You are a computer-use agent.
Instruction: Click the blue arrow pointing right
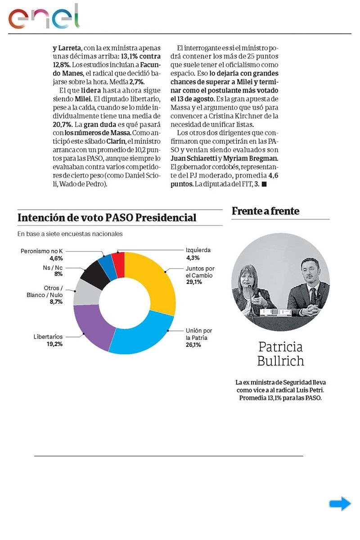[x=340, y=504]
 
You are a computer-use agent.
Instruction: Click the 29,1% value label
[x=194, y=282]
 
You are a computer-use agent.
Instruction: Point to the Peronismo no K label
[x=41, y=251]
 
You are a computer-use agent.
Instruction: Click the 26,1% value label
[x=193, y=345]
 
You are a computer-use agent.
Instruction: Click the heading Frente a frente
[x=265, y=211]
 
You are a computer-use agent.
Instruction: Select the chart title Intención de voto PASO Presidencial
[x=107, y=218]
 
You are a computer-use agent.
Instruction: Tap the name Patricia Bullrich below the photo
[x=280, y=354]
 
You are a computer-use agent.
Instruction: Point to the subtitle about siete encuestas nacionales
[x=70, y=234]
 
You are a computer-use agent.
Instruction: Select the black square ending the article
[x=264, y=185]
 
